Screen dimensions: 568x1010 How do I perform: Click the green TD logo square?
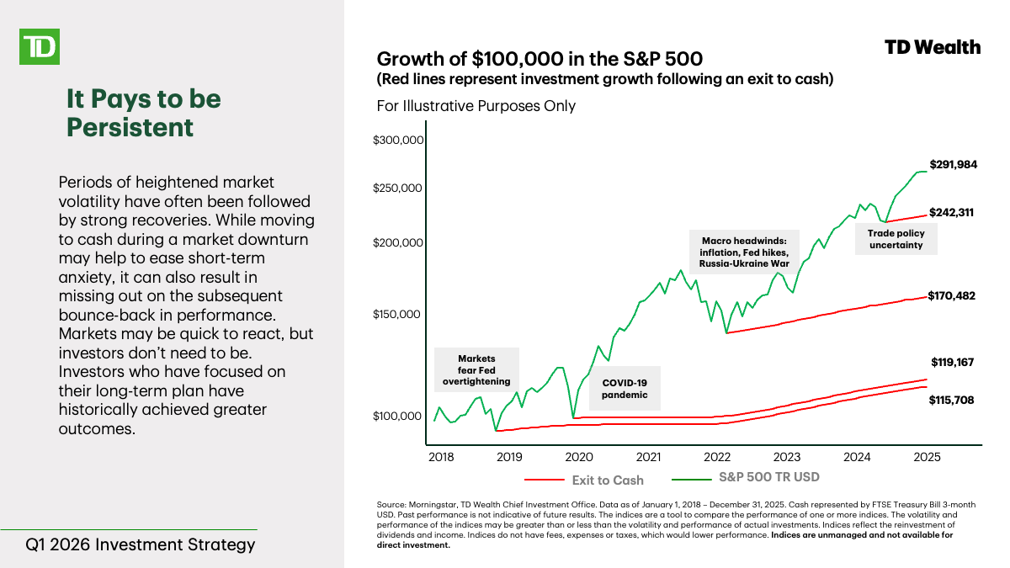point(39,45)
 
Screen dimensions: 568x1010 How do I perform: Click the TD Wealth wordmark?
point(933,47)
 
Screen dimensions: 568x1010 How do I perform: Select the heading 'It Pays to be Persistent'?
point(143,113)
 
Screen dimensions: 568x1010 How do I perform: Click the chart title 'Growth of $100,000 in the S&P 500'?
point(540,59)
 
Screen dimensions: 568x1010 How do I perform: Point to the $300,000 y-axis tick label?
point(398,141)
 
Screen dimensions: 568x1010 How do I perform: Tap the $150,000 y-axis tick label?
point(398,314)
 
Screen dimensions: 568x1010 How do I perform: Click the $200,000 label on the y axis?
point(398,242)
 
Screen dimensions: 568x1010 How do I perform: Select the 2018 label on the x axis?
point(441,457)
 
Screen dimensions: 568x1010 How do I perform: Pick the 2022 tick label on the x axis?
point(717,457)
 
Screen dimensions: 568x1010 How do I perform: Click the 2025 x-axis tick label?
point(926,457)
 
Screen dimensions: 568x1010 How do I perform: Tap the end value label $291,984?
point(953,165)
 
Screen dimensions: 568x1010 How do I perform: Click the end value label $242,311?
point(951,213)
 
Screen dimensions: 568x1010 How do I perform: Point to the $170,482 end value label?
point(951,295)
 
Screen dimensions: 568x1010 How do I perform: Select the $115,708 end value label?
point(951,401)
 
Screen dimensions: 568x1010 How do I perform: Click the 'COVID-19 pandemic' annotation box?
point(625,388)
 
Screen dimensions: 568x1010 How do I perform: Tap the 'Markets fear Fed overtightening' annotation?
point(476,370)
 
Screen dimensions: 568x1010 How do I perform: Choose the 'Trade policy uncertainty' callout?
point(896,239)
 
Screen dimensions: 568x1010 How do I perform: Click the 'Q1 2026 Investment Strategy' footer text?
point(140,544)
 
